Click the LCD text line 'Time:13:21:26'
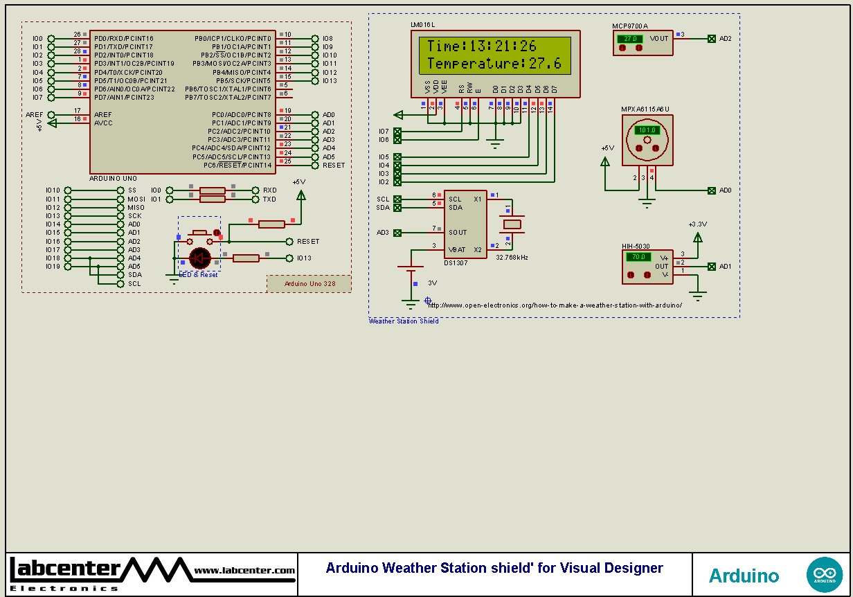click(481, 46)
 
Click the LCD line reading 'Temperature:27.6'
click(494, 64)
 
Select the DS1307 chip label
click(456, 263)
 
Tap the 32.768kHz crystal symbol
click(512, 224)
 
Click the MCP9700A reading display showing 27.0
click(631, 39)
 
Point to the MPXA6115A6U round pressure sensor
click(647, 140)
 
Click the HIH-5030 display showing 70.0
click(638, 257)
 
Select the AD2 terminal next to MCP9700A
click(712, 39)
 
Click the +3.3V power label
click(697, 224)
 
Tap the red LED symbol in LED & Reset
click(200, 258)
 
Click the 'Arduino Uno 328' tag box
click(309, 284)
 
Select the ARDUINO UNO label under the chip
click(113, 179)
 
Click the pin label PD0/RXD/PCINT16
click(124, 38)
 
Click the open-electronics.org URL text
click(555, 305)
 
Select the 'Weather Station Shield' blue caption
click(404, 321)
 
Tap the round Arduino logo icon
click(824, 575)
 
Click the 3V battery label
click(432, 283)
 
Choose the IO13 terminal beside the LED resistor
click(289, 258)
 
